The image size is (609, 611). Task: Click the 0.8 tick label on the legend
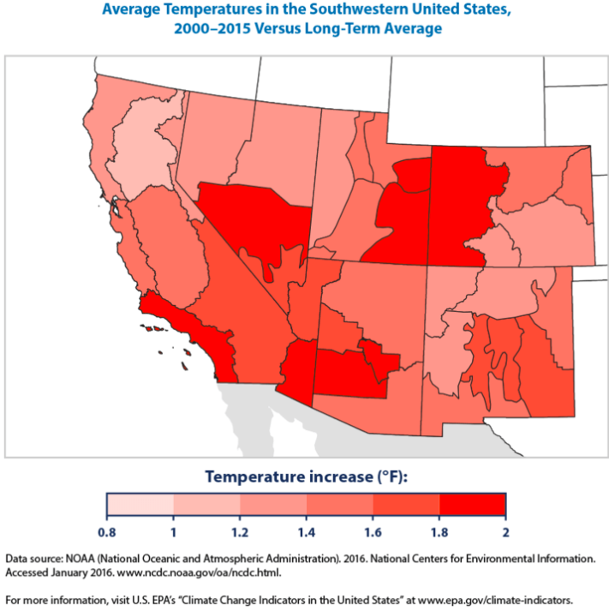[x=108, y=532]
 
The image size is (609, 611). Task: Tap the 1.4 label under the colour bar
[x=305, y=532]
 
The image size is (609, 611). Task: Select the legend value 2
[x=505, y=532]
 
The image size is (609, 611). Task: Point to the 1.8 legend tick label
[x=439, y=532]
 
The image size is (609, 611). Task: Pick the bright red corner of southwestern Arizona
[x=296, y=368]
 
